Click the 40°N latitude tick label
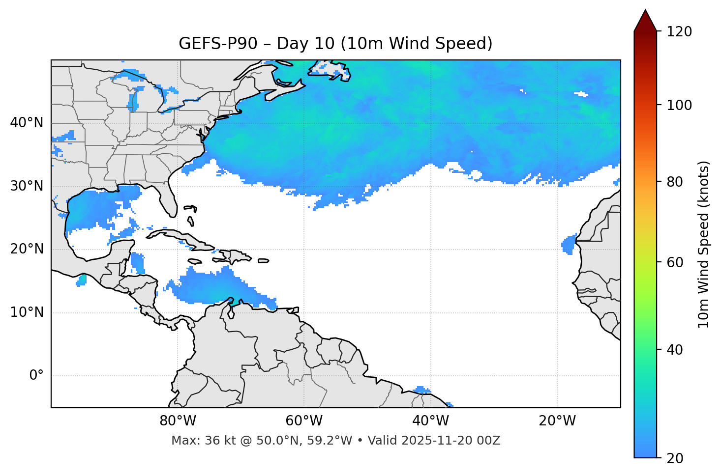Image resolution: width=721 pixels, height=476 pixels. point(27,123)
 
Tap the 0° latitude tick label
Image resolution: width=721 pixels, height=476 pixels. point(36,376)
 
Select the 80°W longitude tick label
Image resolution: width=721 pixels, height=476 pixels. point(178,421)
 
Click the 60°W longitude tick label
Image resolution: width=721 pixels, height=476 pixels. point(304,421)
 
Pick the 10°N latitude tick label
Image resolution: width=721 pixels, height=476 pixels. point(27,312)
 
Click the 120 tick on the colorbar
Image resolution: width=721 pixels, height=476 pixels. point(679,32)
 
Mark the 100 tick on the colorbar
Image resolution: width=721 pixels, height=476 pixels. point(679,105)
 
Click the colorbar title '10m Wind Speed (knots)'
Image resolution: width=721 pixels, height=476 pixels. point(704,244)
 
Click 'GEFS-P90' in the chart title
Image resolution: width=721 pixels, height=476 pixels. point(218,44)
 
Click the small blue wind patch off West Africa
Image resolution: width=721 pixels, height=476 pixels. point(569,244)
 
